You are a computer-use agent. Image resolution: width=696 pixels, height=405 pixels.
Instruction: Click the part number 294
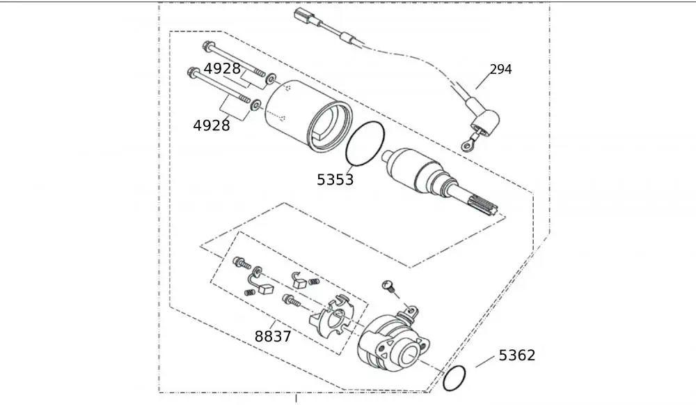[x=500, y=70]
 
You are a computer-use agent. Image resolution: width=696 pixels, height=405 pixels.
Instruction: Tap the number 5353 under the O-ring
[x=335, y=180]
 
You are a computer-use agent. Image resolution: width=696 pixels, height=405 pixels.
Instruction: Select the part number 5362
[x=517, y=356]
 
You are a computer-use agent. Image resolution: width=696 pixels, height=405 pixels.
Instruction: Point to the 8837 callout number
[x=273, y=337]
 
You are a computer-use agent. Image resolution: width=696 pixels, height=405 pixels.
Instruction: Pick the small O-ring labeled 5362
[x=454, y=379]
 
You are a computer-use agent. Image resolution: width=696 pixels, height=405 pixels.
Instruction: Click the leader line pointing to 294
[x=484, y=80]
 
